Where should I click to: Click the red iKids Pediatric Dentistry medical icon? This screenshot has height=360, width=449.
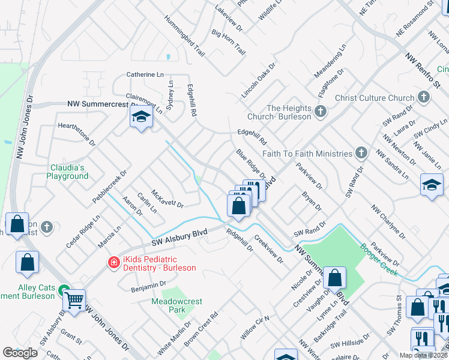(x=113, y=262)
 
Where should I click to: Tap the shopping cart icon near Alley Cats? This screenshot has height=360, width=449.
(x=74, y=299)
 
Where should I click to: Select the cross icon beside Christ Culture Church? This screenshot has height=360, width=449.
(x=422, y=98)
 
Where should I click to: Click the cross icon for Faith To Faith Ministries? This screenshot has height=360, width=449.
(x=361, y=152)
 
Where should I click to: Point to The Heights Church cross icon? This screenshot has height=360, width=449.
(x=321, y=112)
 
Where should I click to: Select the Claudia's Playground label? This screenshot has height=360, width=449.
(x=67, y=172)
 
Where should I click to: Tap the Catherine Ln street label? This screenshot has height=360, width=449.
(x=145, y=74)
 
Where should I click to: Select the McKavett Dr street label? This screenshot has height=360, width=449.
(x=167, y=198)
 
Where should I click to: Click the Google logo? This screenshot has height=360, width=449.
(x=20, y=352)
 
